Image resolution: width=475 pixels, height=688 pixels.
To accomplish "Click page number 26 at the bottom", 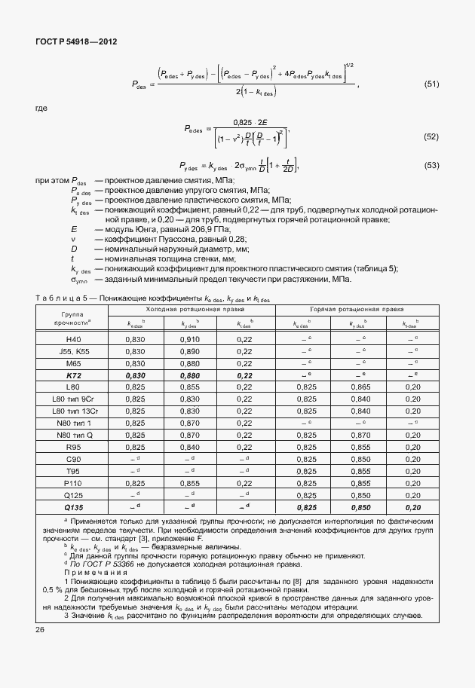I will [x=40, y=629].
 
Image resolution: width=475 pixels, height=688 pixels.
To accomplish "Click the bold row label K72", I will [x=73, y=375].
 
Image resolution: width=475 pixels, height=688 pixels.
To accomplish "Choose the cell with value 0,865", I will [x=360, y=387].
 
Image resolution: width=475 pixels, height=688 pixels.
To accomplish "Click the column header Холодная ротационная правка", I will [x=189, y=310].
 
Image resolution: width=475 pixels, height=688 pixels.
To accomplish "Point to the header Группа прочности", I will [x=73, y=316].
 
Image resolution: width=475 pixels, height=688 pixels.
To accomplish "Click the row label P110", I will [x=73, y=483].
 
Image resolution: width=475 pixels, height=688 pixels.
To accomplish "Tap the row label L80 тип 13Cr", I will [x=73, y=411].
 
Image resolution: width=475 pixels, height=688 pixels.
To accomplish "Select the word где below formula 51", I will [x=41, y=109].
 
